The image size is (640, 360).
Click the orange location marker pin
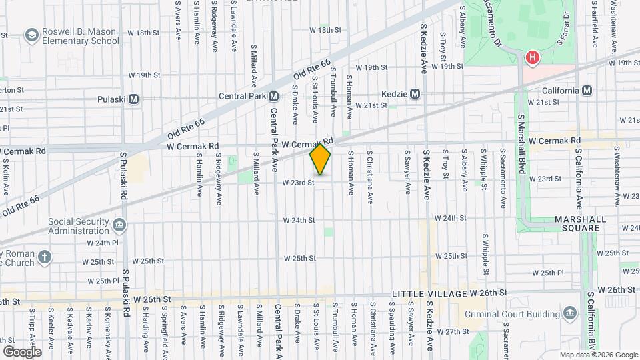pyautogui.click(x=320, y=159)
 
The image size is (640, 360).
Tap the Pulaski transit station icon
pyautogui.click(x=134, y=99)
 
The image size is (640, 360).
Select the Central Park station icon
pyautogui.click(x=273, y=96)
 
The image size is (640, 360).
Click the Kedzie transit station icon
pyautogui.click(x=415, y=94)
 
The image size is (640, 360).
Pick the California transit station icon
pyautogui.click(x=587, y=91)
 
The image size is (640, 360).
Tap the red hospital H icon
pyautogui.click(x=532, y=58)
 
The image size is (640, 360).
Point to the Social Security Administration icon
pyautogui.click(x=119, y=225)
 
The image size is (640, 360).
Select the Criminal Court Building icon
pyautogui.click(x=569, y=313)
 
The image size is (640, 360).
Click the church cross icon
pyautogui.click(x=45, y=257)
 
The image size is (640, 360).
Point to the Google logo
pyautogui.click(x=22, y=351)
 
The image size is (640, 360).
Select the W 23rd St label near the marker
pyautogui.click(x=297, y=183)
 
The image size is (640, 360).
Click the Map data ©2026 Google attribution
pyautogui.click(x=598, y=355)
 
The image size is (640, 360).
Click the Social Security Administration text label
pyautogui.click(x=78, y=225)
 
